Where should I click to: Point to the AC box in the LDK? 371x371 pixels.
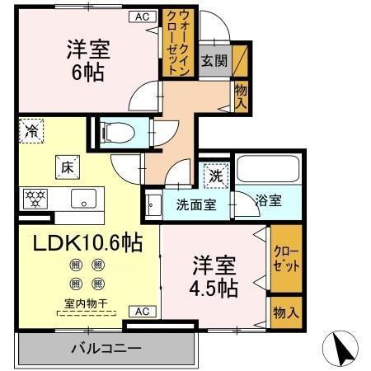tap(140, 311)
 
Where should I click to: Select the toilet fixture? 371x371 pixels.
tap(117, 130)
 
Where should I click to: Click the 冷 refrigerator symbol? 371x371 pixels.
tap(31, 130)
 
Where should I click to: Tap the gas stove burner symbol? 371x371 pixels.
tap(35, 198)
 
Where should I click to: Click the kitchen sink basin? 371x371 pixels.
tap(83, 199)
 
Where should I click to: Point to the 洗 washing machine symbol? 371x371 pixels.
tap(215, 175)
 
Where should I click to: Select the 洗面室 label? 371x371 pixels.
tap(195, 204)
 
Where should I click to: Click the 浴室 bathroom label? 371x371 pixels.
tap(268, 200)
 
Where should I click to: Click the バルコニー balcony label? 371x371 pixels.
tap(105, 348)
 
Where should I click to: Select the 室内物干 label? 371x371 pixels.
tap(86, 303)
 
